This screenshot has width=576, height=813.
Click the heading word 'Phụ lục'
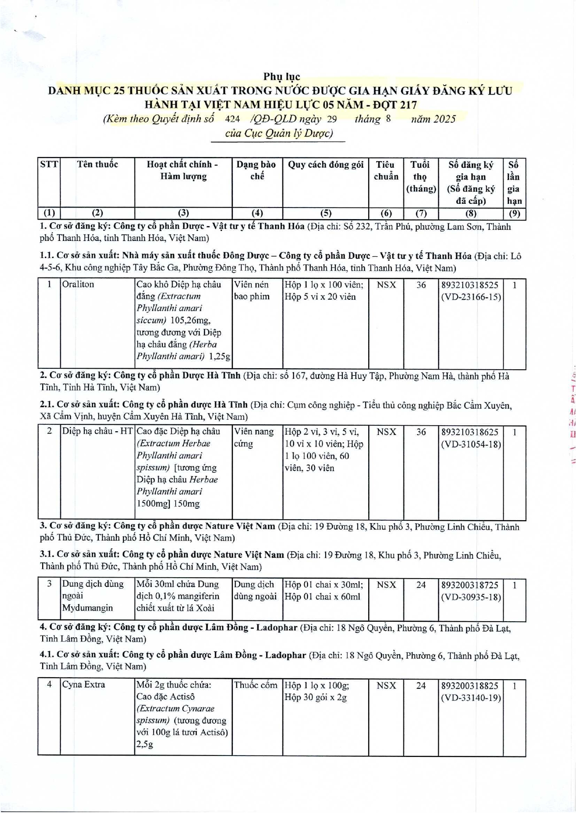(282, 77)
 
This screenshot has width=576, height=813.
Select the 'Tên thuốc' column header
(97, 164)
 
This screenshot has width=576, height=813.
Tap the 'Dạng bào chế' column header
(256, 170)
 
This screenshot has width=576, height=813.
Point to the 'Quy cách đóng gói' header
(326, 164)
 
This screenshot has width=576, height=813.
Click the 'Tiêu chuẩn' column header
(386, 170)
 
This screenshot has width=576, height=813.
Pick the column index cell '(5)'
(326, 213)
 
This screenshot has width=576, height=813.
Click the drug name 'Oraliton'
(78, 284)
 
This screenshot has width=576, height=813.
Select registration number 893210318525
(470, 285)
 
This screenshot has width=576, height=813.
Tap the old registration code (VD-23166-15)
(471, 297)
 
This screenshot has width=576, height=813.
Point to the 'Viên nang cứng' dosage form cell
(254, 437)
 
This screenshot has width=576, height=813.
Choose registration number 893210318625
(470, 432)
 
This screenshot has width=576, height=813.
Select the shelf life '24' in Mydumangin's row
(421, 585)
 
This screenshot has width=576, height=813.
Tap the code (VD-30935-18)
(471, 597)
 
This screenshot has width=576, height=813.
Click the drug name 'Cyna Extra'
(83, 685)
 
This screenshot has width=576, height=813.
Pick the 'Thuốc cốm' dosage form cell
(256, 685)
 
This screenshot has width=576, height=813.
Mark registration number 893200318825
(470, 686)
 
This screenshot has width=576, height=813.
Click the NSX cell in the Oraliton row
(386, 285)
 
